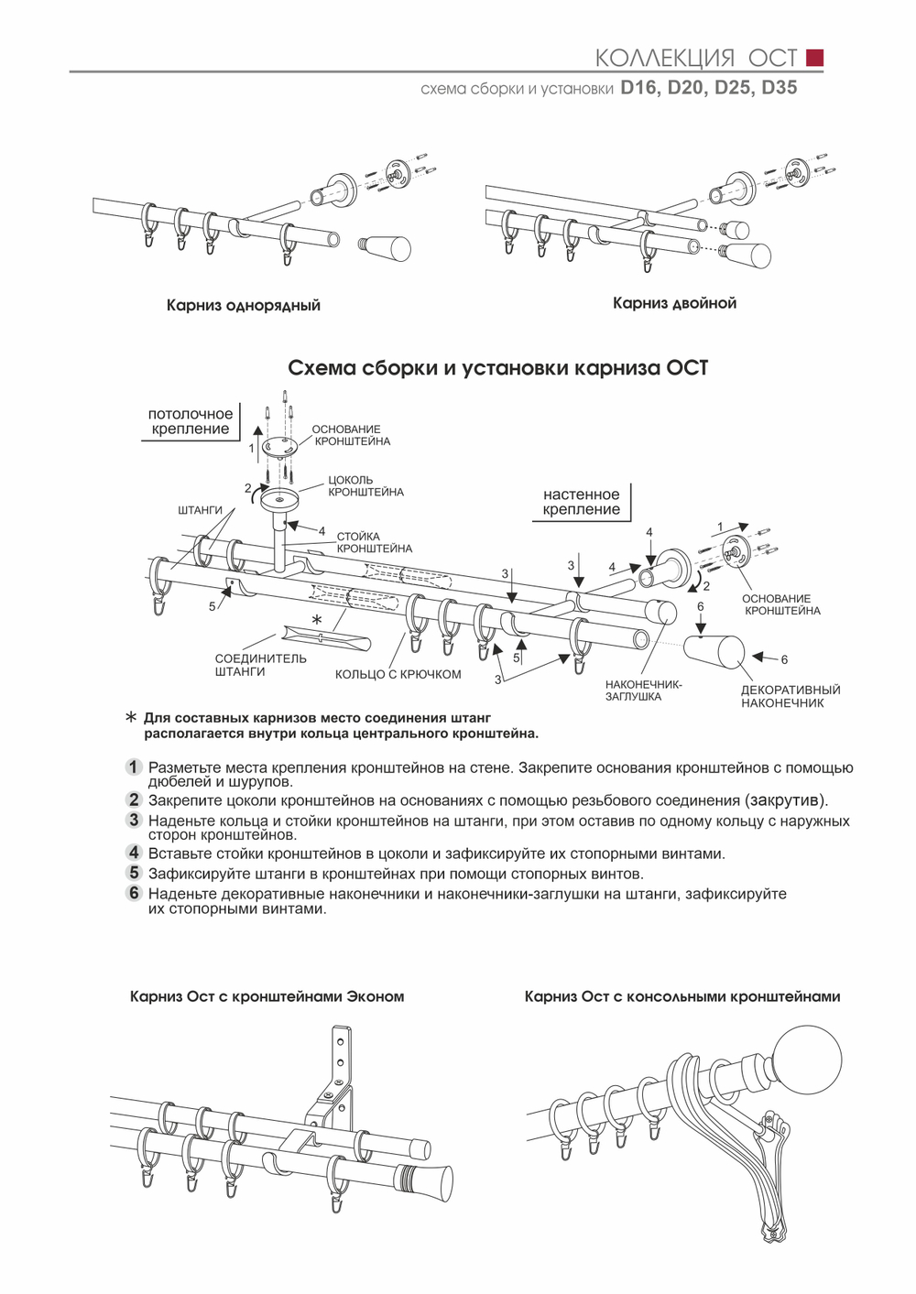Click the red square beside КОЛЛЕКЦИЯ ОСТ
tap(813, 58)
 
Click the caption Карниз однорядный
tap(243, 305)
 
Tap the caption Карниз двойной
tap(674, 303)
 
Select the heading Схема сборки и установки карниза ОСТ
tap(497, 368)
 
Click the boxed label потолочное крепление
tap(190, 422)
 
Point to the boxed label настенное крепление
tap(581, 502)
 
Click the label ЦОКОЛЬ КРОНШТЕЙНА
tap(365, 485)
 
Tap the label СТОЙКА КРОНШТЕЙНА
tap(374, 542)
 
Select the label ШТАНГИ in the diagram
tap(200, 509)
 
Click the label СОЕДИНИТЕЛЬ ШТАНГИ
tap(260, 665)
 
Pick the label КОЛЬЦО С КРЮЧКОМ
tap(398, 674)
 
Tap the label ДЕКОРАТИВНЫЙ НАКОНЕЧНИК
tap(790, 696)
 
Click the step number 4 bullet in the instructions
tap(134, 854)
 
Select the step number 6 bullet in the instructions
tap(134, 893)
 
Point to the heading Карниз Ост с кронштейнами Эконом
tap(267, 996)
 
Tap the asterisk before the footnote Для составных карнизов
tap(130, 718)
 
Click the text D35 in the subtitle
tap(779, 89)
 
